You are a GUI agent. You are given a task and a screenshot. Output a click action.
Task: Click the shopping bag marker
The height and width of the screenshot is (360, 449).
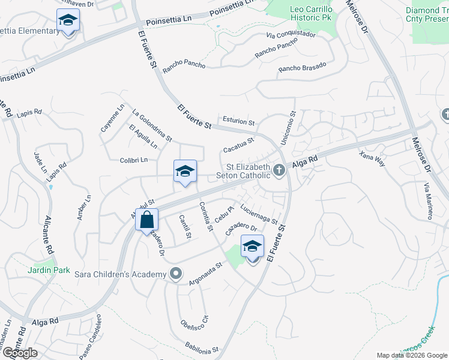146,220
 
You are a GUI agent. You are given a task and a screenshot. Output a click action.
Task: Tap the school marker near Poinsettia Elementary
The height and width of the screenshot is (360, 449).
68,21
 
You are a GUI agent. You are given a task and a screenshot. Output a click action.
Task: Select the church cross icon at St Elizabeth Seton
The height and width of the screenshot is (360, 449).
279,172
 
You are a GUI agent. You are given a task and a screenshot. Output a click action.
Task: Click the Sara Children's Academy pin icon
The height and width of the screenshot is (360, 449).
175,274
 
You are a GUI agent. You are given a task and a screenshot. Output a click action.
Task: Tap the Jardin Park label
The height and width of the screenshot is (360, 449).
39,270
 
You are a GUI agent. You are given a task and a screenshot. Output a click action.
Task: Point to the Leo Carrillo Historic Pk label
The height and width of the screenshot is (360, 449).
303,13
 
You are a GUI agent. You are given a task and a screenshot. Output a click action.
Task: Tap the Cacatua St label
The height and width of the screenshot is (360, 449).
238,145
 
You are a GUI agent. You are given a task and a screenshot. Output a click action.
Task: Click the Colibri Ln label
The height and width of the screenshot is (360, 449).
134,160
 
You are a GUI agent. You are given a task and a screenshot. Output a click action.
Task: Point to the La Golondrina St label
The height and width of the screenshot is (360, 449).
152,125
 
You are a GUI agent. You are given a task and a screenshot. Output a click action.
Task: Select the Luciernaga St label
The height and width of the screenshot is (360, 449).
259,214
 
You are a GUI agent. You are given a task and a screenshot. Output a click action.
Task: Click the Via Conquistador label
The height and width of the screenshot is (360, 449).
291,40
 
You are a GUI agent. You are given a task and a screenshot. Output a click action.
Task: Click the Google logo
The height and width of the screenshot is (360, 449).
20,353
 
